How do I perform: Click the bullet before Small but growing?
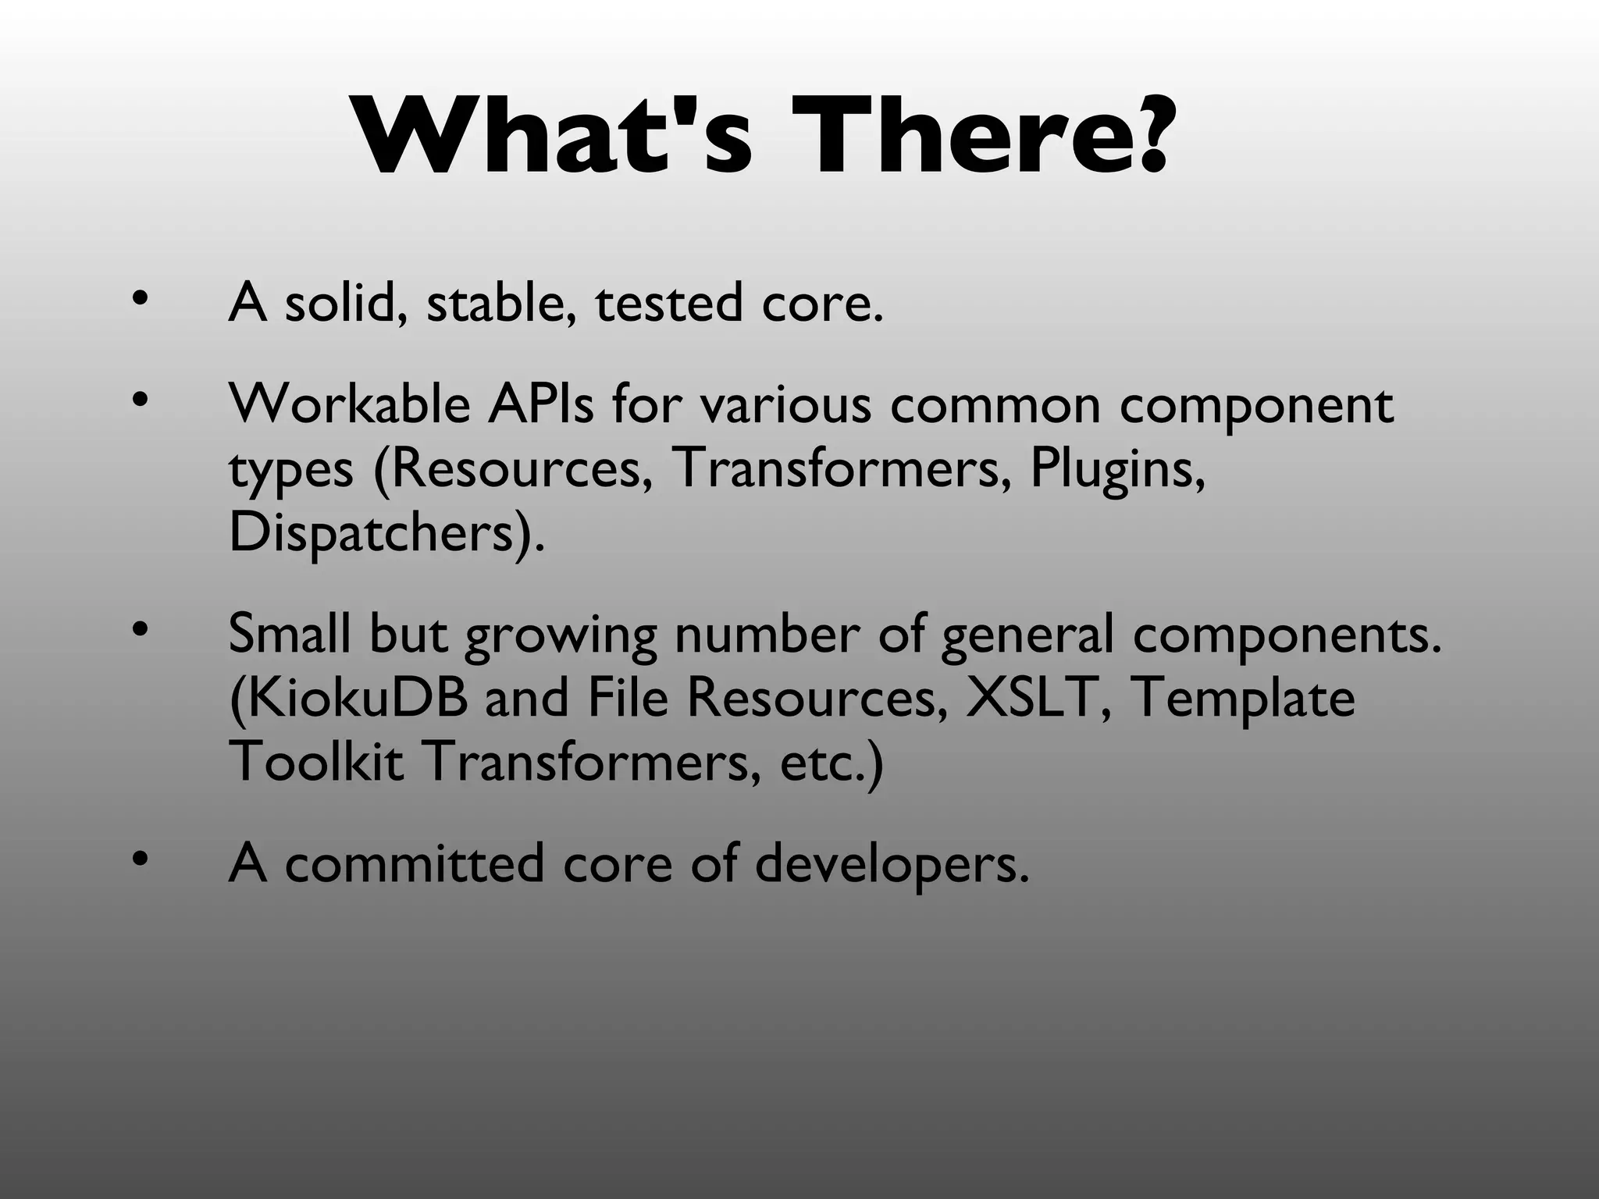tap(139, 628)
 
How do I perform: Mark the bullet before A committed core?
tap(139, 859)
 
